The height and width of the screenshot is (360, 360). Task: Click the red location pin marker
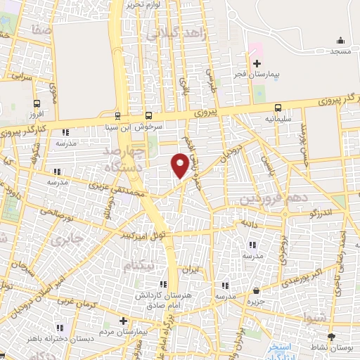(x=180, y=165)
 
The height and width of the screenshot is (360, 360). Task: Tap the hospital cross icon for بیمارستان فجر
(x=257, y=63)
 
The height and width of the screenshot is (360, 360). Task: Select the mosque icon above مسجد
(x=341, y=40)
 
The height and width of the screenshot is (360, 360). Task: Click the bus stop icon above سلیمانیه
(x=278, y=108)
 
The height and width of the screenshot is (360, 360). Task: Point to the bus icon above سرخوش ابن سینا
(x=148, y=115)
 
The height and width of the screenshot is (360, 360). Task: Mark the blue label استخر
(x=280, y=347)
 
